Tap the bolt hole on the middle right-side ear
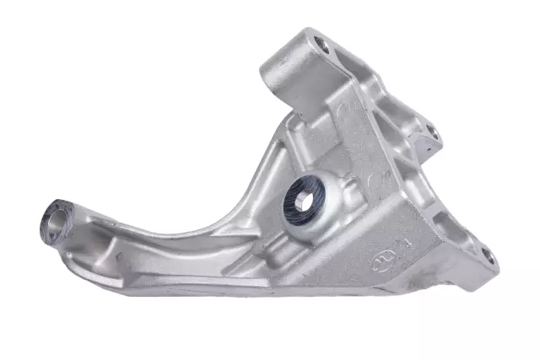pos(431,132)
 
